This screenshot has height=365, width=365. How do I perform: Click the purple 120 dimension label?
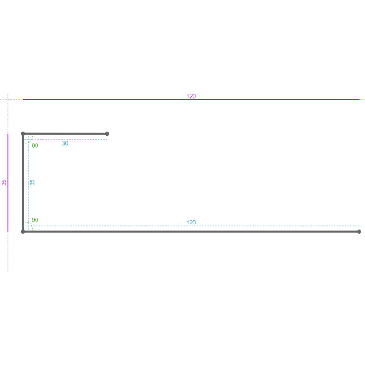coord(191,96)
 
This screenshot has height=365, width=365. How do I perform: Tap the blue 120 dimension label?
coord(191,223)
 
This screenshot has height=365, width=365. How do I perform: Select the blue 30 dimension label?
coord(65,143)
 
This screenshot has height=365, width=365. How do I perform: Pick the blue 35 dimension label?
coord(32,182)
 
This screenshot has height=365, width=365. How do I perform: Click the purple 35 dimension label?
coord(4,182)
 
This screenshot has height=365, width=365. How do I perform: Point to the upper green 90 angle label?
coord(35,146)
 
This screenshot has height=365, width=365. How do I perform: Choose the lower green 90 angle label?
coord(35,220)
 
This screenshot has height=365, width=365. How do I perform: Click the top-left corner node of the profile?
coord(23,134)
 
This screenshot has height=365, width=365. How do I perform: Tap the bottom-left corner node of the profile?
coord(23,232)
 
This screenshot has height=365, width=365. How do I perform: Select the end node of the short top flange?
coord(107,134)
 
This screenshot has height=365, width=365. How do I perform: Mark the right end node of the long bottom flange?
coord(359,232)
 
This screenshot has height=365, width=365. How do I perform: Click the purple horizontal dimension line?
coord(191,99)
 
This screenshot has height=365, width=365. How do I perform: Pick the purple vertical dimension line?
coord(8,183)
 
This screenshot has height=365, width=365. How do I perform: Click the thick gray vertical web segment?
coord(23,183)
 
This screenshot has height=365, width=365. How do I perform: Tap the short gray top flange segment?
coord(65,134)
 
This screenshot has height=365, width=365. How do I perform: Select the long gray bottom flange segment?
coord(191,232)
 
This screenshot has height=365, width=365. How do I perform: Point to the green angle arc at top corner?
coord(31,141)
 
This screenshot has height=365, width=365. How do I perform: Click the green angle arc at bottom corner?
coord(31,224)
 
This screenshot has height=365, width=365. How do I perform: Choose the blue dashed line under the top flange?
coord(66,140)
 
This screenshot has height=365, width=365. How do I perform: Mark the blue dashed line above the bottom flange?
coord(192,226)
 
